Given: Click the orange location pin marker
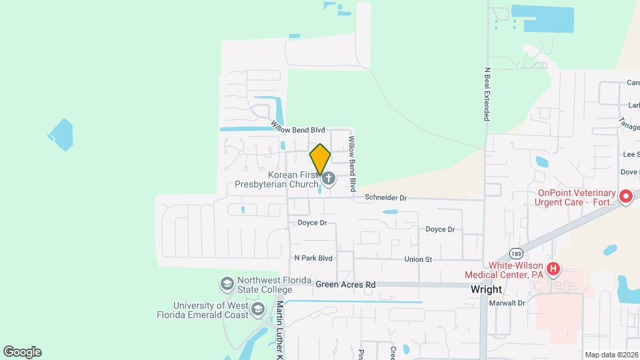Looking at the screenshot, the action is (x=320, y=159).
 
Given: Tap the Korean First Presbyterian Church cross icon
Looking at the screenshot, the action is (x=328, y=179).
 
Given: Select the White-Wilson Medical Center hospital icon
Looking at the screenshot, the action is (x=553, y=270).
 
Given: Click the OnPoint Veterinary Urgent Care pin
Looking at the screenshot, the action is (x=625, y=197).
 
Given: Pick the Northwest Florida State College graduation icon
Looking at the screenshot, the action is (x=227, y=285).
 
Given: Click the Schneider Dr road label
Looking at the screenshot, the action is (x=385, y=198).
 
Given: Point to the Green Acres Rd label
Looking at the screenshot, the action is (x=346, y=285).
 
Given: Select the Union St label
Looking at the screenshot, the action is (x=418, y=259).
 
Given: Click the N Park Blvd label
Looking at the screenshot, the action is (x=313, y=257).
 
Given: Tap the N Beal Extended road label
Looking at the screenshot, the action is (x=487, y=93).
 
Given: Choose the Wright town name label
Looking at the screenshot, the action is (x=486, y=290).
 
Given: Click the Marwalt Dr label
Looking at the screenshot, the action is (x=507, y=303).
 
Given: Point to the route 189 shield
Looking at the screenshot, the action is (x=515, y=253).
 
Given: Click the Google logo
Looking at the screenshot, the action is (x=22, y=351).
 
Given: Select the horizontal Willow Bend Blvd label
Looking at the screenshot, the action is (x=298, y=126).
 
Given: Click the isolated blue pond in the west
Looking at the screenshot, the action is (x=60, y=135).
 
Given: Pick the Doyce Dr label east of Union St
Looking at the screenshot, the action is (x=440, y=229).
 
